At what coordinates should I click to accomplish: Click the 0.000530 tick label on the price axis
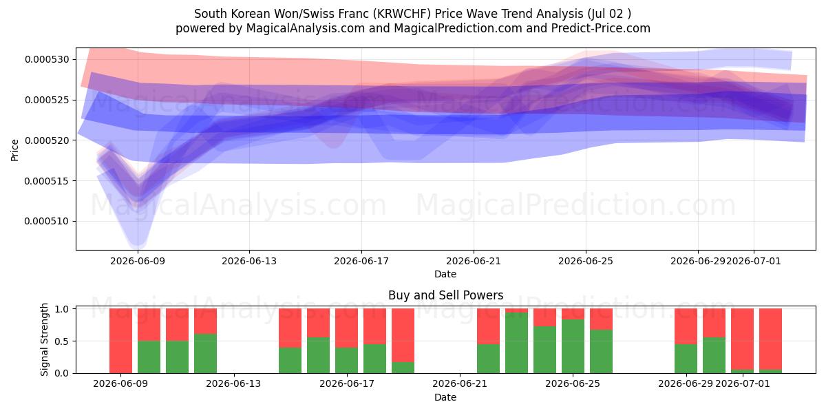(47, 59)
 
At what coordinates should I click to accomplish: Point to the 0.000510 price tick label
(47, 221)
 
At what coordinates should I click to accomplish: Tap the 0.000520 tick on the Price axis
(47, 140)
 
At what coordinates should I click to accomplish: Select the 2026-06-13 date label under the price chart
(249, 261)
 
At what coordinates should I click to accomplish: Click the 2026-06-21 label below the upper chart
(474, 261)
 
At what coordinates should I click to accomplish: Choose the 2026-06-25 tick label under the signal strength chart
(572, 384)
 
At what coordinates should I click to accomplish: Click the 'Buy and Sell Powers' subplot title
(445, 295)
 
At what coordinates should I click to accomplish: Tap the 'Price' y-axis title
(14, 150)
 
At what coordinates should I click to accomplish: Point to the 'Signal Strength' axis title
(44, 339)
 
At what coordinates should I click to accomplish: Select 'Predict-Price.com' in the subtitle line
(601, 28)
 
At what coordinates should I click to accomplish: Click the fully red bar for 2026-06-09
(120, 341)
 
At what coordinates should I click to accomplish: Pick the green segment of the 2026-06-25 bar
(573, 346)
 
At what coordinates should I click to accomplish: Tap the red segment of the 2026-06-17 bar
(346, 328)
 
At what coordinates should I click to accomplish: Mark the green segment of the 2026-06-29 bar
(686, 359)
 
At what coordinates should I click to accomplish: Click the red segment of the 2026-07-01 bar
(742, 339)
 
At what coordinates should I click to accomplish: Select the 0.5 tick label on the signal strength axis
(61, 341)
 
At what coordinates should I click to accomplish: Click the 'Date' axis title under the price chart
(445, 275)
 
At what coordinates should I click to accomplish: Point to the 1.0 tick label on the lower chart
(61, 309)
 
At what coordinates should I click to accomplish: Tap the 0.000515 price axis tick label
(47, 181)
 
